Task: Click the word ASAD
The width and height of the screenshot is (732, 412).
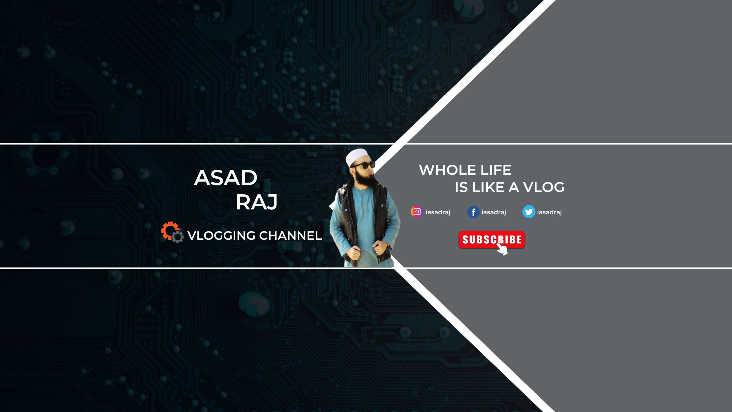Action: click(226, 178)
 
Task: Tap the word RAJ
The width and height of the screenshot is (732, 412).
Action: click(256, 202)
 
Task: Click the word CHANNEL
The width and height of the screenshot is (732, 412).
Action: click(291, 236)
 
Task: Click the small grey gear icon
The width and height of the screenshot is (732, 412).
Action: click(178, 237)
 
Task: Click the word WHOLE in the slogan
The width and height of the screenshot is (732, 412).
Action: click(447, 170)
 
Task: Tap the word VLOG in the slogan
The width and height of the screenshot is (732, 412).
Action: click(544, 187)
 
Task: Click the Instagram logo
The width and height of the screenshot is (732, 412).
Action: click(417, 212)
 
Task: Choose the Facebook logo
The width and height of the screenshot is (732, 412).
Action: click(473, 212)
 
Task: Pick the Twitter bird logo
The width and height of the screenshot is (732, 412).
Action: click(529, 212)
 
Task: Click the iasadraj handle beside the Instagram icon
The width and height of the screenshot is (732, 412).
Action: click(438, 212)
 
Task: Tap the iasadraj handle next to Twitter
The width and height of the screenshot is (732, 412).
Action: click(550, 212)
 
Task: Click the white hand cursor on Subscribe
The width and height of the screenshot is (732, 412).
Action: click(502, 249)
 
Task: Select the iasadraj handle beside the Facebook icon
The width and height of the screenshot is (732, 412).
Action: click(494, 212)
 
